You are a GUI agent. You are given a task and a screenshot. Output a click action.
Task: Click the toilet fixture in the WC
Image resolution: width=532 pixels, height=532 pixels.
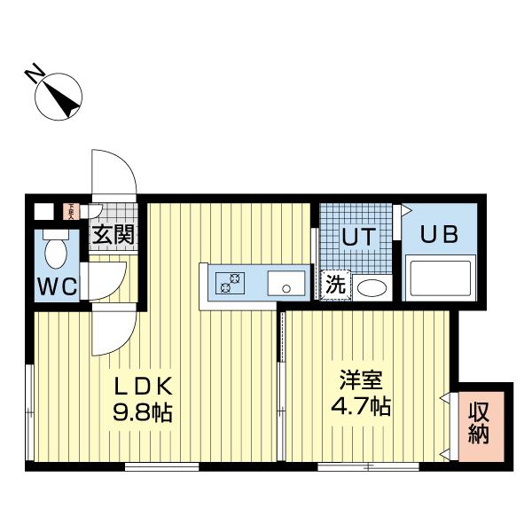coord(57,250)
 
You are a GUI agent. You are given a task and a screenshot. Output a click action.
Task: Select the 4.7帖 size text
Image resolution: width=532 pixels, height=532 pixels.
coord(363,408)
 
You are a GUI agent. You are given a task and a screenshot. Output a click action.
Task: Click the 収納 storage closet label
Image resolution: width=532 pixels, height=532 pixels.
coord(480,424)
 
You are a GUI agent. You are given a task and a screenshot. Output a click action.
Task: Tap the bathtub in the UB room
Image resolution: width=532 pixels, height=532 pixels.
coord(441,278)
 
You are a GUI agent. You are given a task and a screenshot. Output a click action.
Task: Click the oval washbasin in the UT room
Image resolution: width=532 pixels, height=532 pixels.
coord(372,287)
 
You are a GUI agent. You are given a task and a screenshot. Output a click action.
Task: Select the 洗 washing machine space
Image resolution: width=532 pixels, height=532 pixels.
coord(335,286)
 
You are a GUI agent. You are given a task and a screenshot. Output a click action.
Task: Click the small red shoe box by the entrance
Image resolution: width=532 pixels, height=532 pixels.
coord(70,211)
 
